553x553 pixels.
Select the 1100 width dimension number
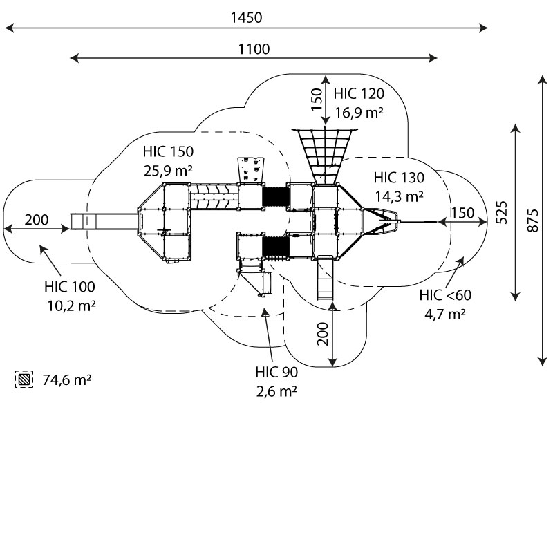pyautogui.click(x=254, y=48)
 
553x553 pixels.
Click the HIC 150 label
pyautogui.click(x=168, y=151)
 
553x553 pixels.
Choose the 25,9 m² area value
pyautogui.click(x=168, y=169)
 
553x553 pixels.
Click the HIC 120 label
pyautogui.click(x=358, y=94)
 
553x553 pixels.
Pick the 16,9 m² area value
pyautogui.click(x=359, y=111)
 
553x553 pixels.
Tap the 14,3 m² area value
pyautogui.click(x=399, y=196)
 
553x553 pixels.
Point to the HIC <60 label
pyautogui.click(x=445, y=296)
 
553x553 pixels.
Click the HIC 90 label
pyautogui.click(x=276, y=373)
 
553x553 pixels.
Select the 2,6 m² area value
pyautogui.click(x=276, y=390)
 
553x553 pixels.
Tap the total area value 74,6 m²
pyautogui.click(x=68, y=379)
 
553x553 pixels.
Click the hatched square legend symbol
pyautogui.click(x=24, y=379)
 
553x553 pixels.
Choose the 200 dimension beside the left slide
pyautogui.click(x=37, y=221)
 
